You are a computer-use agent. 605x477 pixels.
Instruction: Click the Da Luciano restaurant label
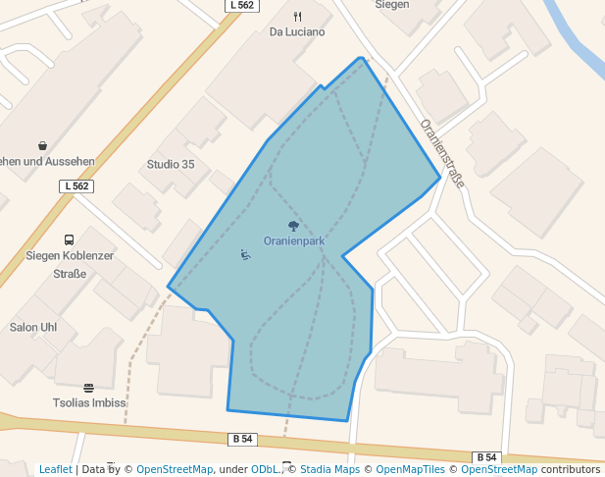[x=297, y=31]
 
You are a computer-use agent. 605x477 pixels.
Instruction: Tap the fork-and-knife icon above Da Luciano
[x=297, y=17]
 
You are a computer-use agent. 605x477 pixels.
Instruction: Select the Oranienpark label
[x=294, y=240]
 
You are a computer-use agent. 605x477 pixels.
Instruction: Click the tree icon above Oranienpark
[x=293, y=227]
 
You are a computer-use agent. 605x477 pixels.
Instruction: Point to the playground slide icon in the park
[x=245, y=255]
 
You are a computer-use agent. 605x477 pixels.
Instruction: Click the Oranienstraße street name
[x=441, y=154]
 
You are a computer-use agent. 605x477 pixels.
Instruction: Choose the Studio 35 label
[x=171, y=164]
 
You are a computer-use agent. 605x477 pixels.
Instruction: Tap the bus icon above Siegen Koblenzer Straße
[x=69, y=239]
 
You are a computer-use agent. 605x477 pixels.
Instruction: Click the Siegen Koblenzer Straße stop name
[x=69, y=264]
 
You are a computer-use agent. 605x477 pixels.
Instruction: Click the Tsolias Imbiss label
[x=89, y=402]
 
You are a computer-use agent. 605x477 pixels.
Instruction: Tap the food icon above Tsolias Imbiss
[x=88, y=388]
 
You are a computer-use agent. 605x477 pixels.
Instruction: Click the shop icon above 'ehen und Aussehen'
[x=42, y=146]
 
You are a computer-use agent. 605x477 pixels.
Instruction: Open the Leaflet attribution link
[x=56, y=469]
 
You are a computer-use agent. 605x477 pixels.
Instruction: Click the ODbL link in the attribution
[x=263, y=469]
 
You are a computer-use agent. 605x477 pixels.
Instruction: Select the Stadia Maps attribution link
[x=329, y=469]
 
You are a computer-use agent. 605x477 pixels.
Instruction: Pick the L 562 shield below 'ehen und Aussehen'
[x=76, y=185]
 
